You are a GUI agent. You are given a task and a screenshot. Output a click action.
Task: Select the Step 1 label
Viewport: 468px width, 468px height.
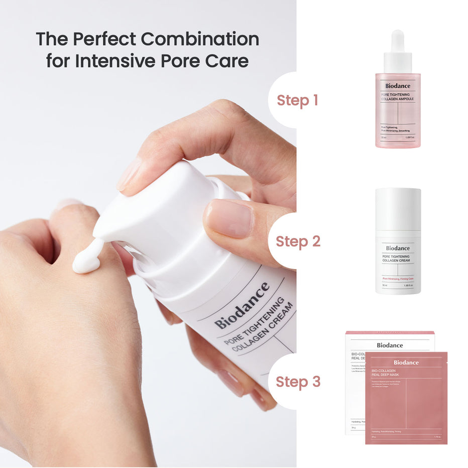pyautogui.click(x=297, y=100)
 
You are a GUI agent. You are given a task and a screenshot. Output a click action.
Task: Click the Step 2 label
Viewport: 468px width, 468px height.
pyautogui.click(x=297, y=241)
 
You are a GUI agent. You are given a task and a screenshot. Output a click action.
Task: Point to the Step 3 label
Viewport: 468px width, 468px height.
pyautogui.click(x=297, y=382)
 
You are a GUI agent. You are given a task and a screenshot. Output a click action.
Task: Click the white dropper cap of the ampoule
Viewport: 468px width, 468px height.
pyautogui.click(x=398, y=50)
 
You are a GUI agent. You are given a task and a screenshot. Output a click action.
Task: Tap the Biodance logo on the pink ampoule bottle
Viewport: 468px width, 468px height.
pyautogui.click(x=398, y=86)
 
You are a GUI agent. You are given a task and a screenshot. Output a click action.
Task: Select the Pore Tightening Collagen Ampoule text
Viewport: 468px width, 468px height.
pyautogui.click(x=397, y=96)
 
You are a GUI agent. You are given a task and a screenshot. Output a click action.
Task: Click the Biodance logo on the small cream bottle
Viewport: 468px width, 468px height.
pyautogui.click(x=398, y=248)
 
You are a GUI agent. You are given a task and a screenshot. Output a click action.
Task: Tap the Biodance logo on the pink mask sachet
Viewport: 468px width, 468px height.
pyautogui.click(x=406, y=363)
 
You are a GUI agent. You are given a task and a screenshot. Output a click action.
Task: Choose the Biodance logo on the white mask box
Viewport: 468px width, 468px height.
pyautogui.click(x=390, y=345)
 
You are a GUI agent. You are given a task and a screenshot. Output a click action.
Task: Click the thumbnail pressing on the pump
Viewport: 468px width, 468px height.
pyautogui.click(x=228, y=218)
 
